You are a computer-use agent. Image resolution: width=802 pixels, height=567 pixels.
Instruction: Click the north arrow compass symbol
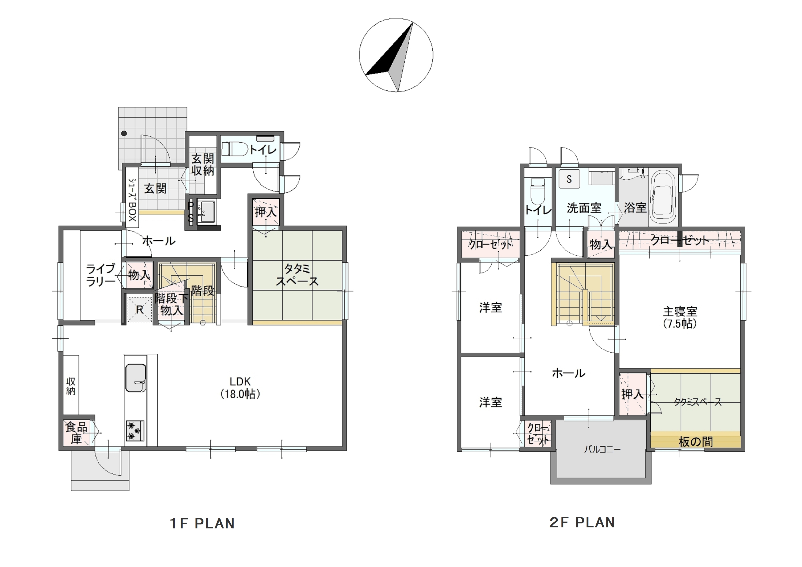click(x=396, y=55)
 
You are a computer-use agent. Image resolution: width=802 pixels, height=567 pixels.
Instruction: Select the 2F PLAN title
click(x=582, y=522)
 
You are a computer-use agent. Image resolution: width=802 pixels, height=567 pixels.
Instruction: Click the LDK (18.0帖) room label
click(x=240, y=388)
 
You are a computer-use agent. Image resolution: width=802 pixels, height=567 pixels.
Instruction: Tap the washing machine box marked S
click(x=569, y=179)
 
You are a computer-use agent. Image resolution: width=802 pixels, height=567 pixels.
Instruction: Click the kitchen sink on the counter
click(x=136, y=378)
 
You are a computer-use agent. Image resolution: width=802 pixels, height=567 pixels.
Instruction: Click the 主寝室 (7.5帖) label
click(x=680, y=317)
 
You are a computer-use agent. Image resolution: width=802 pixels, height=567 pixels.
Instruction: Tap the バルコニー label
click(x=602, y=449)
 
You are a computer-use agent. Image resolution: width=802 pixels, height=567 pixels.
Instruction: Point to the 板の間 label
click(x=695, y=442)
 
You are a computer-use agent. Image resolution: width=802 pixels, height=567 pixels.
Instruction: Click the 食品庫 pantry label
click(x=76, y=433)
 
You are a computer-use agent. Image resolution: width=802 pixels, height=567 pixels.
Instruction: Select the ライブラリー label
click(x=101, y=275)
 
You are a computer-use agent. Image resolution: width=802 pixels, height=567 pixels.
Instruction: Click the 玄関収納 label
click(x=203, y=165)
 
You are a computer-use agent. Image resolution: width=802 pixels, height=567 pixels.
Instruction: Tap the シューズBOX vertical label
click(x=132, y=200)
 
